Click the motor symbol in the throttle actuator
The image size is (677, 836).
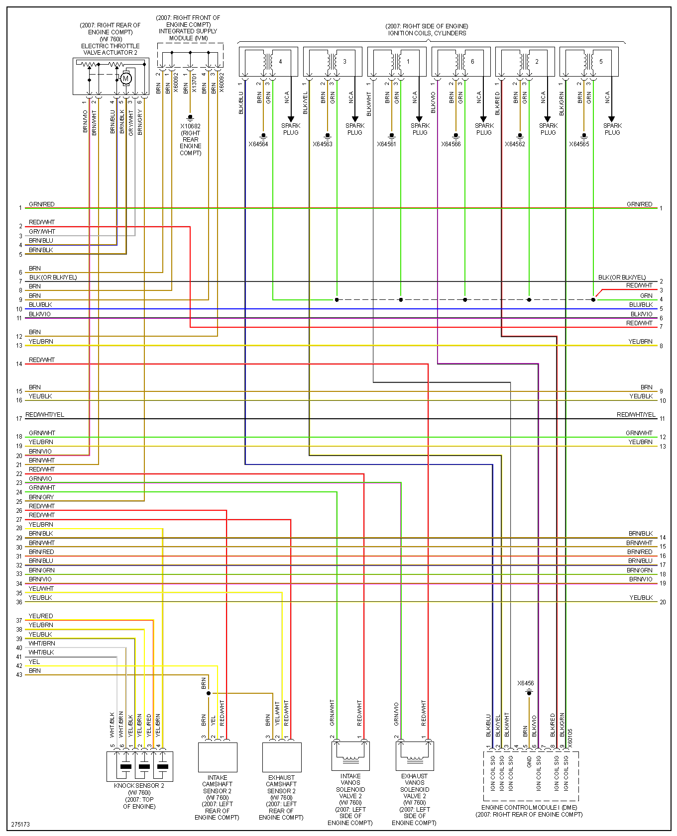click(126, 78)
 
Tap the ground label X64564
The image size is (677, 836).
click(258, 144)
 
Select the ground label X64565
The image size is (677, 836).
click(579, 144)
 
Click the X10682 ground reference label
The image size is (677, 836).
click(190, 126)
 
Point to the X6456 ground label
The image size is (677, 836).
click(525, 683)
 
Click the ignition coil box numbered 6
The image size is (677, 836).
click(461, 62)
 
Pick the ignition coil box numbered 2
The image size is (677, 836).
click(525, 62)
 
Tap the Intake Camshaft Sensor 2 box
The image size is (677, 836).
click(218, 757)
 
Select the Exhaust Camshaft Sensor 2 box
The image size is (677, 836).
click(282, 757)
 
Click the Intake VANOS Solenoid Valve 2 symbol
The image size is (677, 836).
click(350, 755)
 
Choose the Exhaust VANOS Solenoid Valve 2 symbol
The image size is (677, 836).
click(415, 755)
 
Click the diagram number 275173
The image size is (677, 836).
click(20, 824)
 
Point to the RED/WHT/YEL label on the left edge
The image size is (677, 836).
click(45, 415)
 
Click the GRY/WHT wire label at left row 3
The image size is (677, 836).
click(42, 232)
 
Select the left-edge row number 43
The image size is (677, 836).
click(19, 675)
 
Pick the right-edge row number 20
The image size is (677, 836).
click(663, 602)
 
